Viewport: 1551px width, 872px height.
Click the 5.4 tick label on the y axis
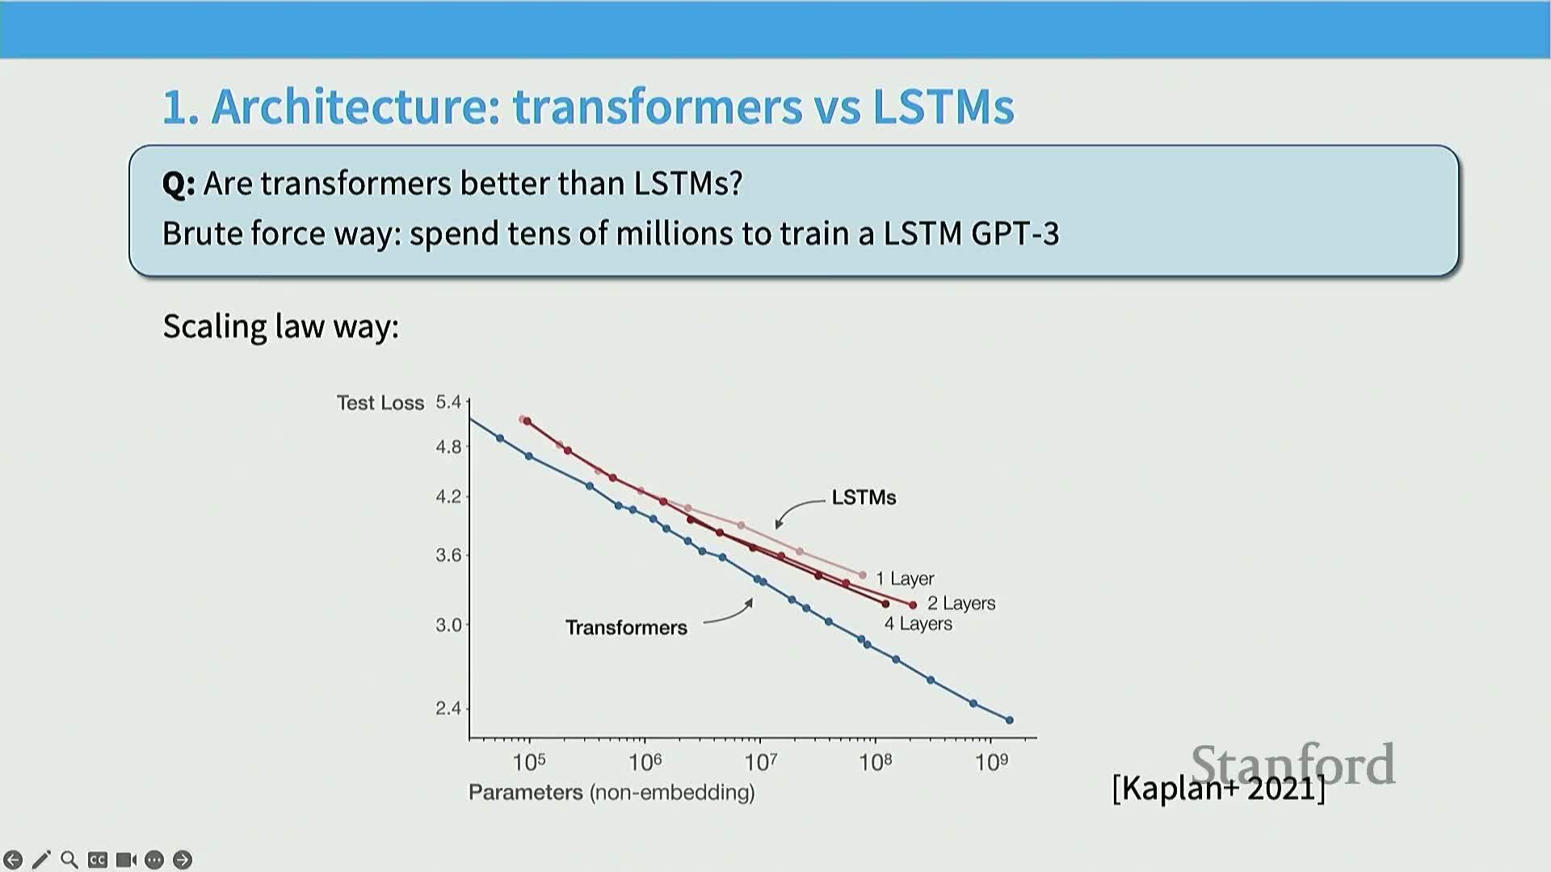pos(448,402)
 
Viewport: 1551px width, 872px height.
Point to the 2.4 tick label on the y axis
pos(448,708)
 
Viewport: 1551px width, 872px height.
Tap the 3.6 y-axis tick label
pos(448,555)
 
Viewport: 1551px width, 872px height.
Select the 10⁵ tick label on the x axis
pos(529,762)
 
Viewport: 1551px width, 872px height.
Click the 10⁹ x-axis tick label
pos(991,762)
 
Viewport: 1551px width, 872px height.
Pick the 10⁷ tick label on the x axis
pos(760,762)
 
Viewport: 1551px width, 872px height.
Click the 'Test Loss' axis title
pos(380,403)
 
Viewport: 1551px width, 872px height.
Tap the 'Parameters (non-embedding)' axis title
pos(612,792)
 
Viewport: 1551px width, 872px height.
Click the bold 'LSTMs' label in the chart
pos(864,497)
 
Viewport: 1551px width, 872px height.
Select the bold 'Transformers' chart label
pos(626,627)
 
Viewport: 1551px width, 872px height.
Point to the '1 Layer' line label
pos(905,579)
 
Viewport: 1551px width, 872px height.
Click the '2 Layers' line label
pos(961,603)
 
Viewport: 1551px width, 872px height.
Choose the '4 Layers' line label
pos(918,624)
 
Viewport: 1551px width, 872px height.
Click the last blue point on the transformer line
pos(1009,720)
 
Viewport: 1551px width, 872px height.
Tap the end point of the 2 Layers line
pos(913,605)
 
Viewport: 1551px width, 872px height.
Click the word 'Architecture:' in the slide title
pos(356,107)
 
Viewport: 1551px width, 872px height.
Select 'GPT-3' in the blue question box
pos(1015,234)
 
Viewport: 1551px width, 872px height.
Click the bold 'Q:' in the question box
pos(179,184)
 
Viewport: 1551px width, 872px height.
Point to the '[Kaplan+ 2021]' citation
pos(1218,788)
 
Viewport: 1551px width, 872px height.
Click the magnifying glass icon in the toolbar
pos(69,860)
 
